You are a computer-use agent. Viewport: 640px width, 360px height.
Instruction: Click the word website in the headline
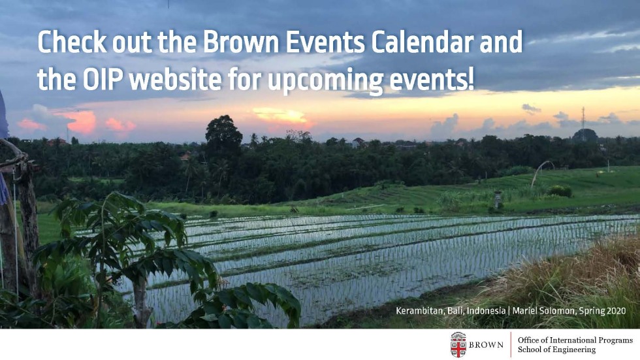[175, 79]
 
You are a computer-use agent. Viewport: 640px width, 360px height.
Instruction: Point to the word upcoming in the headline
[325, 81]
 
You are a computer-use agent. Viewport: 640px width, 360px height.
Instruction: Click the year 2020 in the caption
[616, 310]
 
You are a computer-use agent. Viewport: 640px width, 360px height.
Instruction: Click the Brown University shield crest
[458, 345]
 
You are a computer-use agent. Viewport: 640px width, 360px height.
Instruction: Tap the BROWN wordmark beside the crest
[486, 345]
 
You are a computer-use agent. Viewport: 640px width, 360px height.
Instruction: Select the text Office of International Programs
[575, 340]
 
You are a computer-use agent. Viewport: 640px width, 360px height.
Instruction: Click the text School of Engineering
[556, 350]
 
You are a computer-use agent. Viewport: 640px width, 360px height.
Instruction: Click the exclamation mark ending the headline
[472, 79]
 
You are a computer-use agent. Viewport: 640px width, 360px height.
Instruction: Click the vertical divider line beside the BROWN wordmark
[511, 345]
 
